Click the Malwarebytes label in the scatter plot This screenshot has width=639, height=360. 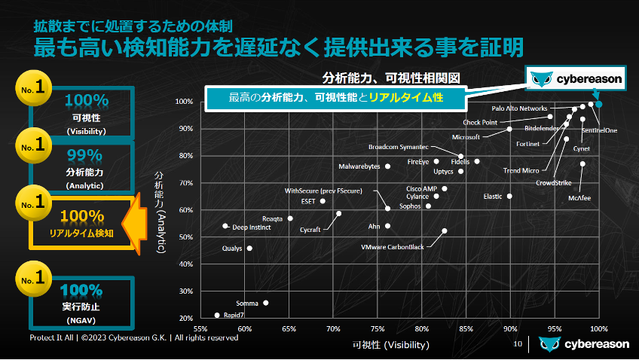359,166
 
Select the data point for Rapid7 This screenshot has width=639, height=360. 217,315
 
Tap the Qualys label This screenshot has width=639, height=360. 232,249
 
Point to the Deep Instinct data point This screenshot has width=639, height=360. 225,226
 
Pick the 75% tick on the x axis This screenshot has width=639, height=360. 378,328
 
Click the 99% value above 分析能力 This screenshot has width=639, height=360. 84,155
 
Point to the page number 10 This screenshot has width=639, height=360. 518,344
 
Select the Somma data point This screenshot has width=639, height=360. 266,303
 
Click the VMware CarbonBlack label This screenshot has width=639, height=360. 392,247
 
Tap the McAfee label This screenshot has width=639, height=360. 579,198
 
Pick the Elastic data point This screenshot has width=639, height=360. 509,196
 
